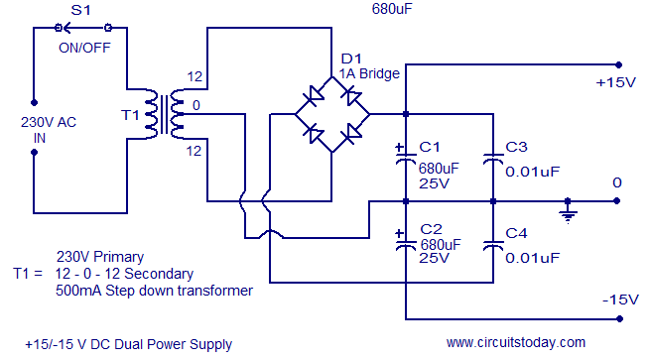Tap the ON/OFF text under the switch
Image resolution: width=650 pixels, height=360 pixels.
(x=83, y=46)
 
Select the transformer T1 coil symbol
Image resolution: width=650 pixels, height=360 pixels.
(x=166, y=114)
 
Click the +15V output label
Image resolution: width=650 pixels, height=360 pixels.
(x=615, y=82)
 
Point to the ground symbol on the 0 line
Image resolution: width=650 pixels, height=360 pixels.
(x=567, y=210)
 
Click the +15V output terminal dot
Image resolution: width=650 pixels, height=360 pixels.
(x=620, y=62)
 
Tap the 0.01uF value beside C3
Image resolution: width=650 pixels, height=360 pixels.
(x=532, y=171)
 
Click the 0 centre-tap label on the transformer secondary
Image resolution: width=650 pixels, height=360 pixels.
(x=196, y=105)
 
